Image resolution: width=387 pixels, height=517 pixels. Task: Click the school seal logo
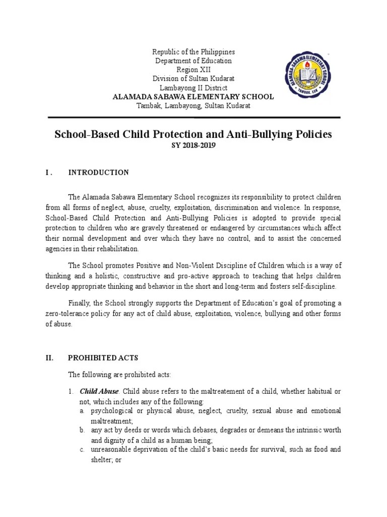coord(312,76)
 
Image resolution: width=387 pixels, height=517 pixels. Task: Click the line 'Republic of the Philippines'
coord(193,52)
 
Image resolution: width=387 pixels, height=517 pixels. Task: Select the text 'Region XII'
coord(193,70)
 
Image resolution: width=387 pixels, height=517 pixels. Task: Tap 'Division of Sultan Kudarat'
coord(193,79)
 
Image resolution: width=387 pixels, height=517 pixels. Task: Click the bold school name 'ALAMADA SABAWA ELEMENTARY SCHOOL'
coord(193,97)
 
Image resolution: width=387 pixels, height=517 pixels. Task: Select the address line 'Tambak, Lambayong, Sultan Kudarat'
coord(193,106)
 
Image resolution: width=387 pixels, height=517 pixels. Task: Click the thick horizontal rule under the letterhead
coord(193,118)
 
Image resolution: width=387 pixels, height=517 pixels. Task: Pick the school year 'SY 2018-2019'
coord(193,146)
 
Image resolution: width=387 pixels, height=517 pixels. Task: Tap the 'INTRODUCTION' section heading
coord(98,173)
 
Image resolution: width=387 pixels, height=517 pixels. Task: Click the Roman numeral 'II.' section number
coord(49,358)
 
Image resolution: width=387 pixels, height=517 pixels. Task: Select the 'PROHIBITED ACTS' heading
coord(103,358)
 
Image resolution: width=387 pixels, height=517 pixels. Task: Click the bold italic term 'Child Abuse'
coord(99,391)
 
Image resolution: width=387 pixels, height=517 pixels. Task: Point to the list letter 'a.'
coord(82,411)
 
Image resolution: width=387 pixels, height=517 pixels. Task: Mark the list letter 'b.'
coord(82,430)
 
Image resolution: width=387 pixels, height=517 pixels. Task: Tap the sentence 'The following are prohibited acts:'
coord(119,374)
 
